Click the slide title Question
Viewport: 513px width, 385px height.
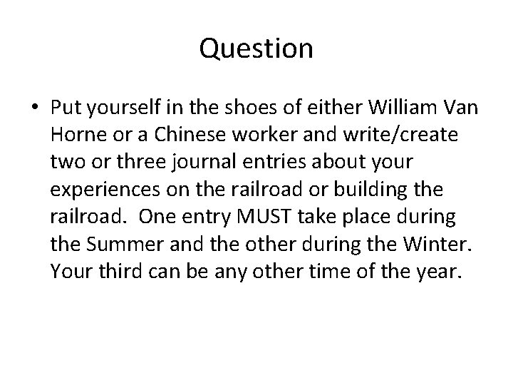(256, 48)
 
